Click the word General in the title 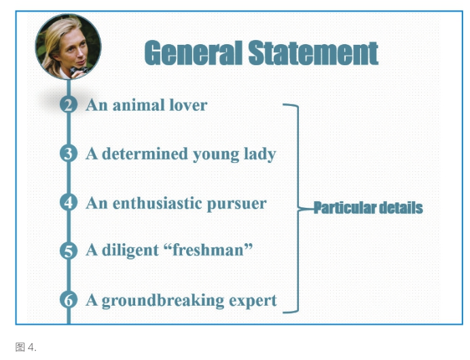[x=194, y=53]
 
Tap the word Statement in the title [x=313, y=53]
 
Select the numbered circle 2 [x=69, y=105]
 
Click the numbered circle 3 [x=69, y=154]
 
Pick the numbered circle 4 [x=69, y=202]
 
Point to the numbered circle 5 [x=69, y=251]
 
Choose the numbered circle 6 [x=69, y=300]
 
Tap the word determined [x=145, y=154]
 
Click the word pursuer [x=237, y=204]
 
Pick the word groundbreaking [x=163, y=301]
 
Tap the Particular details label [x=368, y=208]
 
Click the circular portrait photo [x=69, y=47]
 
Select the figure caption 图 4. [x=26, y=347]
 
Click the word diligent [x=130, y=250]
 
